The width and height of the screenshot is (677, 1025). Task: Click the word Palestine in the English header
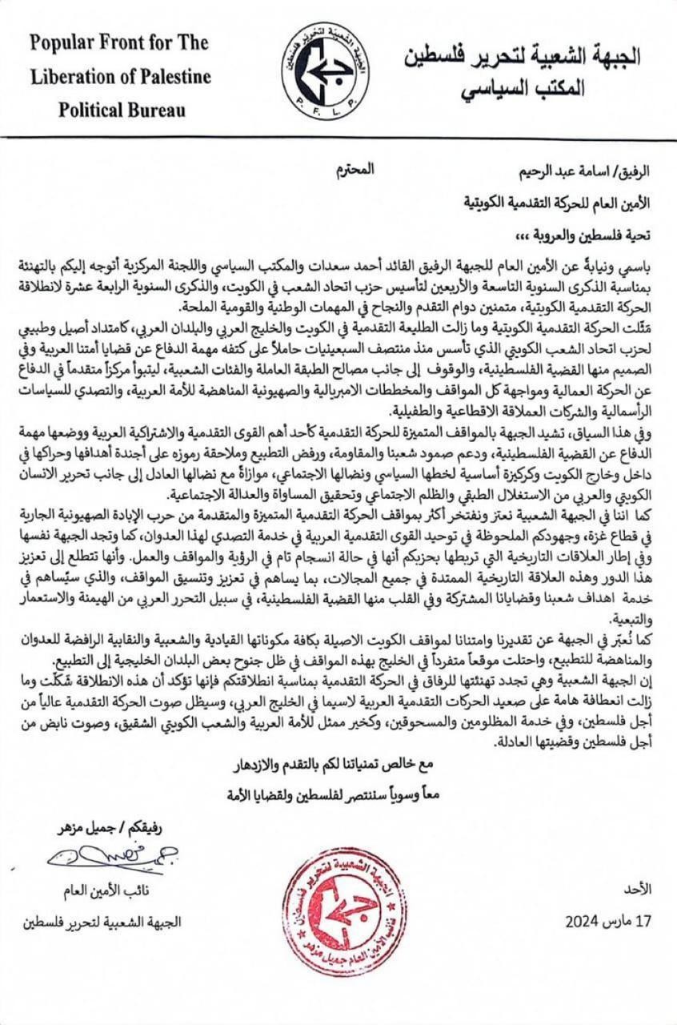coord(173,77)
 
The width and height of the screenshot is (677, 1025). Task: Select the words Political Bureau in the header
coord(121,110)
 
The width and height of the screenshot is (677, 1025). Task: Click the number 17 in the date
coord(644,921)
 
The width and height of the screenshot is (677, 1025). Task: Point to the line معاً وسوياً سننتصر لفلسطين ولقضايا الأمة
coord(342,794)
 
